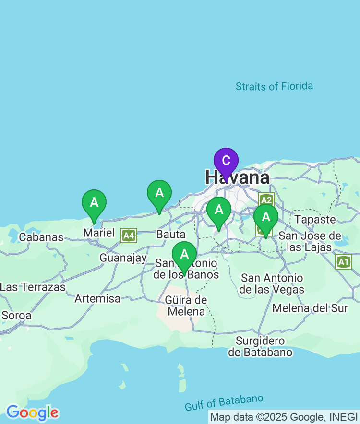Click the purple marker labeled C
tap(226, 161)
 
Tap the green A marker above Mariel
tap(94, 202)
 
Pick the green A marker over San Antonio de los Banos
tap(184, 254)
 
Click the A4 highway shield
tap(129, 235)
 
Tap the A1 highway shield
tap(344, 261)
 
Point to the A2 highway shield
tap(266, 199)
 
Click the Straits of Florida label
tap(274, 86)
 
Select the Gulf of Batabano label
tap(224, 403)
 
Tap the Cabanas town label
tap(41, 237)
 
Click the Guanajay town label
tap(123, 258)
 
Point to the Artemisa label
tap(97, 298)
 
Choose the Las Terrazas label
tap(33, 287)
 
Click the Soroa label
tap(16, 316)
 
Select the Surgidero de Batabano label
tap(260, 346)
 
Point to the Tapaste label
tap(315, 219)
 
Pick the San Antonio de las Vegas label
tap(272, 283)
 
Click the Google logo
tap(32, 412)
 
